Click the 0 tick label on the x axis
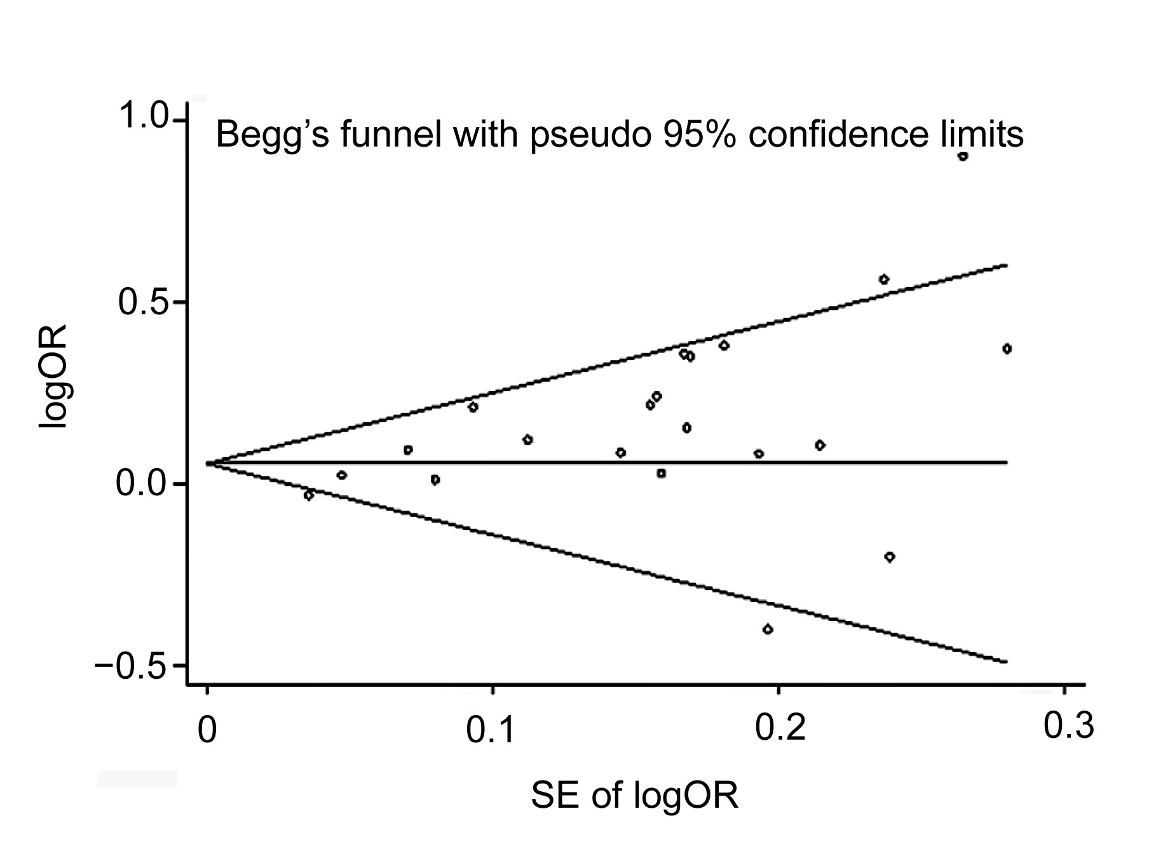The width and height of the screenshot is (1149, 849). click(x=207, y=731)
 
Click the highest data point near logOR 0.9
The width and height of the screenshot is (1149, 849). click(x=963, y=156)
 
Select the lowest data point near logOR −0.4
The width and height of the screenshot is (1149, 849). click(x=768, y=629)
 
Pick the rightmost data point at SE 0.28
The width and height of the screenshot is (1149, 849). click(x=1007, y=349)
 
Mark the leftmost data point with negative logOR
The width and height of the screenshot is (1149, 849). click(x=309, y=495)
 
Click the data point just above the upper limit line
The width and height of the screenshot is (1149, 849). click(x=883, y=279)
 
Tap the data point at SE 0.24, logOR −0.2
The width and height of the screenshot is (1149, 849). click(x=890, y=557)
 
